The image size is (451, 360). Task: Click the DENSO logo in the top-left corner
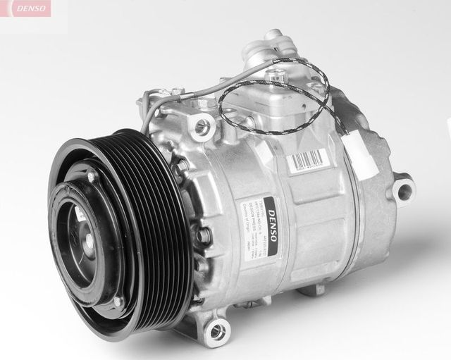pos(25,8)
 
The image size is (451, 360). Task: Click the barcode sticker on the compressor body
pos(308,160)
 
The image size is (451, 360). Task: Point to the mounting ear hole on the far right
pos(403,189)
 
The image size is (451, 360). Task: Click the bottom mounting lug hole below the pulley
pos(217,329)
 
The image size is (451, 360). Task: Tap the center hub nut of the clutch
pos(89,242)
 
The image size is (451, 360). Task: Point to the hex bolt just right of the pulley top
pos(182,167)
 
